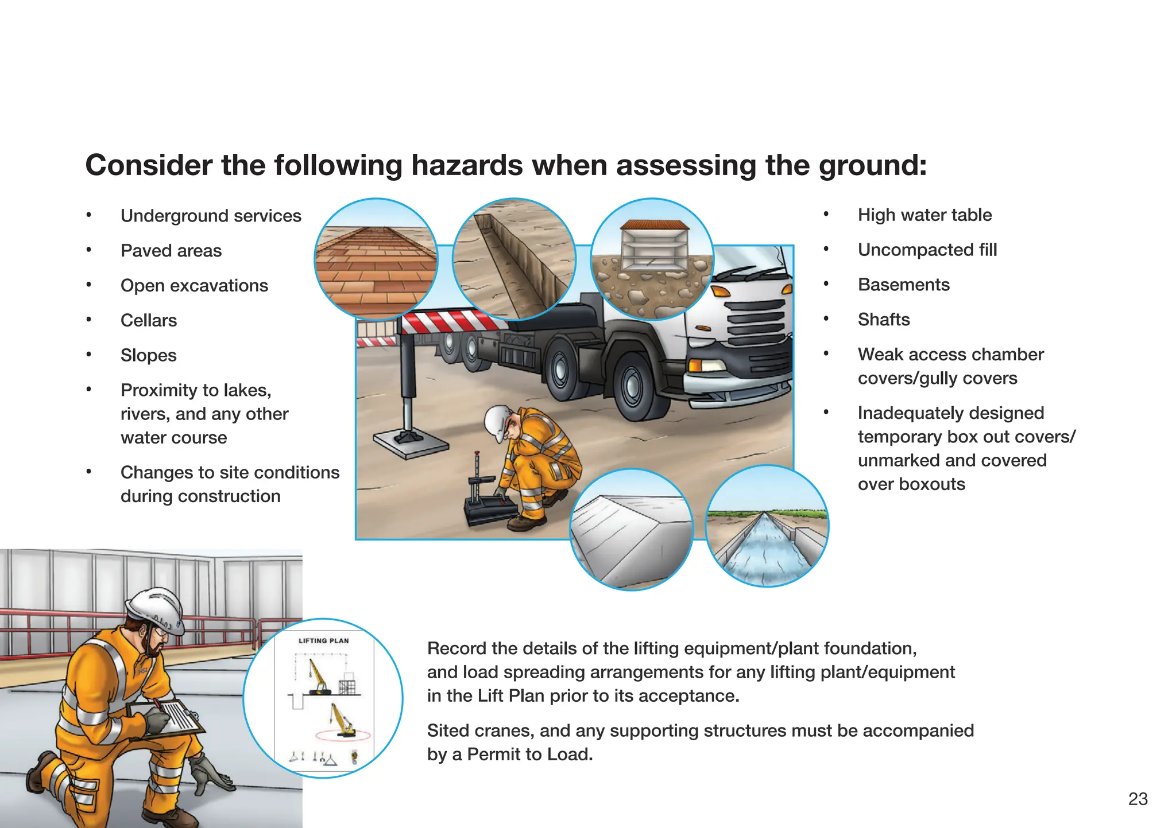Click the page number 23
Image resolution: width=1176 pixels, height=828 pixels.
(1138, 799)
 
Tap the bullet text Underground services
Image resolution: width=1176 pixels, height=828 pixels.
(211, 216)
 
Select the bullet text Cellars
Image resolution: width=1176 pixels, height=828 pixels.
(149, 320)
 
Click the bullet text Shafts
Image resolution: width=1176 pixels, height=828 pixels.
(884, 320)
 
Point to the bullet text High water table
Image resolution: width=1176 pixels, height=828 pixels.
(924, 215)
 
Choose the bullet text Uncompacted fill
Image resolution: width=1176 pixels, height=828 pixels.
(927, 250)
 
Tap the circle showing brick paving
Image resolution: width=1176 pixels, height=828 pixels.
(376, 259)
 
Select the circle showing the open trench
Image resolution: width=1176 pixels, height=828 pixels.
(514, 259)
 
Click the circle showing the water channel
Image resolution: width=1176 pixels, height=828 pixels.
(767, 526)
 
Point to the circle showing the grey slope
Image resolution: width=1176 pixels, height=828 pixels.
(632, 529)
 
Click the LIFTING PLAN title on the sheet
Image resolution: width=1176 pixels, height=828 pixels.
(323, 641)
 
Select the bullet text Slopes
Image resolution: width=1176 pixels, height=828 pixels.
(149, 355)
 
